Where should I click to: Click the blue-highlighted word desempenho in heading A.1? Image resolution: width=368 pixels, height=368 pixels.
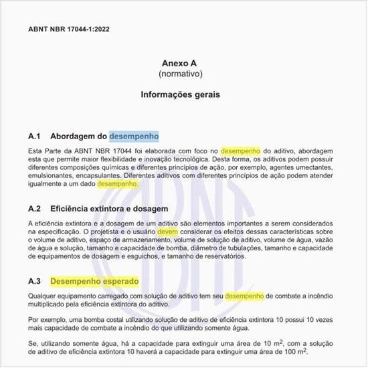(x=134, y=136)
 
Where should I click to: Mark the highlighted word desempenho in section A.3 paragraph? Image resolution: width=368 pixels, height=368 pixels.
(x=244, y=296)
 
